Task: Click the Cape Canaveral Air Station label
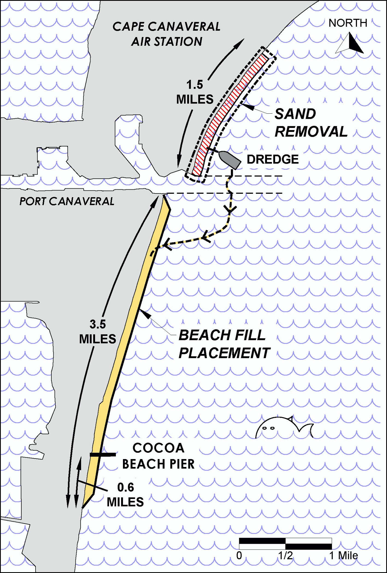click(166, 34)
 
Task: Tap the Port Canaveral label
click(67, 201)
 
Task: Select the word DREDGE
click(272, 159)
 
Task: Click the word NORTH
click(348, 23)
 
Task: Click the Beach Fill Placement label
click(224, 344)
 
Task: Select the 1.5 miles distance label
click(195, 92)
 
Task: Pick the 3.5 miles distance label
click(98, 332)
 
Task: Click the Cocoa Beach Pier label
click(158, 456)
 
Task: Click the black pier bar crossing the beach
click(103, 455)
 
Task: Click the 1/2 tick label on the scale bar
click(285, 556)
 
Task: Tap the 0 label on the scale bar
click(239, 556)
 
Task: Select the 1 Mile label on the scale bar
click(344, 556)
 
